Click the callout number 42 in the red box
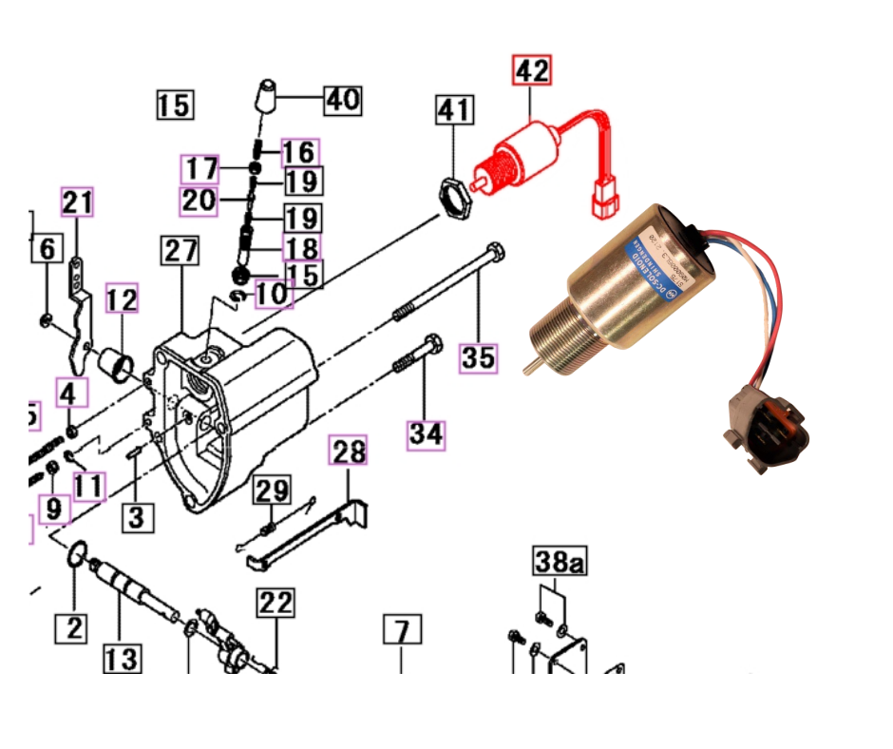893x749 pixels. click(532, 71)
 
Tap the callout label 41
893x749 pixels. click(453, 110)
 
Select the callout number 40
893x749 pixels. click(343, 98)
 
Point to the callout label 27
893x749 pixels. click(180, 252)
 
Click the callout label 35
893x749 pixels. click(479, 357)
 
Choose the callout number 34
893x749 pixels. click(427, 434)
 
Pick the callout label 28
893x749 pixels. click(349, 452)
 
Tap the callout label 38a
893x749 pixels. click(559, 563)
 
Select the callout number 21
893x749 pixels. click(79, 202)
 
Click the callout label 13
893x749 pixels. click(123, 658)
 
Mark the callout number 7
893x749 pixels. click(402, 630)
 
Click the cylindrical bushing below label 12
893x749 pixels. click(118, 362)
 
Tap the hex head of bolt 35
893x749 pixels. click(493, 252)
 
